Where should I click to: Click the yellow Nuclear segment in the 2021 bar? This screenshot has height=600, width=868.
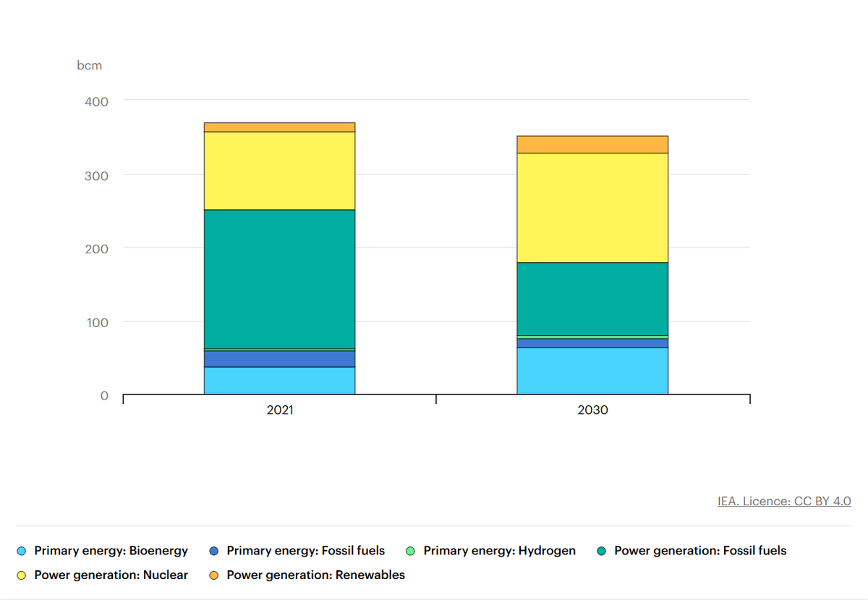279,171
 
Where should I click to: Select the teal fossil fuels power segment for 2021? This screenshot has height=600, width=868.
279,279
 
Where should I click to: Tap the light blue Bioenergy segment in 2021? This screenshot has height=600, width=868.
279,381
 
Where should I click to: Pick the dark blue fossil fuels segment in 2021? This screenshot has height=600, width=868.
279,359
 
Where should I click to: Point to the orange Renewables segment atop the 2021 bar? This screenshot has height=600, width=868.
279,127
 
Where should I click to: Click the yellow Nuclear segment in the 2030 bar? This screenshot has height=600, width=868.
592,208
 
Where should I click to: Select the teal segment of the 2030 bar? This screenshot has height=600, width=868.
592,299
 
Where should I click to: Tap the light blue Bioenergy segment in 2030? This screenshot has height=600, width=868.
592,371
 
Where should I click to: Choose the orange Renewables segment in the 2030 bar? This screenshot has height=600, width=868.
592,145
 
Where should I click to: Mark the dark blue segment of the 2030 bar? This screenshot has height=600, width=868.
592,343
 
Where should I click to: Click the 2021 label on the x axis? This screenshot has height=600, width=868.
279,410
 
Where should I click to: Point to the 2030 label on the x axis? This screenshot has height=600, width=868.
592,410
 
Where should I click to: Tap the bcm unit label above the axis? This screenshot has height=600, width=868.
90,66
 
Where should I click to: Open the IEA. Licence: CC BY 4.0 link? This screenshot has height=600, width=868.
783,501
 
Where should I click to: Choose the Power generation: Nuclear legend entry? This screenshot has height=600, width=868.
111,575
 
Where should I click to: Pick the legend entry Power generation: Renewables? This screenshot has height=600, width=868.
315,575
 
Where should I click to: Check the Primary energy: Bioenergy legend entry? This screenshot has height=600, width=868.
111,551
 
